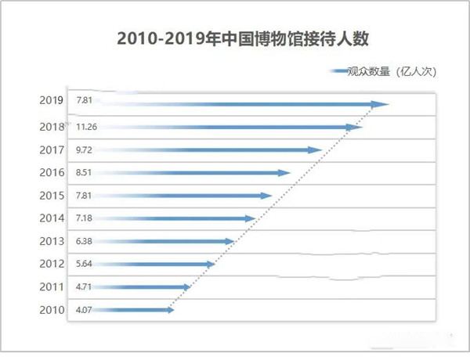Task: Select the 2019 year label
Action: tap(50, 101)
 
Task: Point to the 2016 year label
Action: tap(50, 172)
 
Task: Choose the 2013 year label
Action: tap(50, 241)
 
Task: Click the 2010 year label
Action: tap(50, 310)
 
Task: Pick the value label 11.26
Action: tap(87, 126)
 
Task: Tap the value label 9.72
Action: tap(84, 149)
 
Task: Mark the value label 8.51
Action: tap(84, 173)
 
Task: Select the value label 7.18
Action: tap(84, 218)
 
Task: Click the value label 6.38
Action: tap(84, 241)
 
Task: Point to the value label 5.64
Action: tap(84, 265)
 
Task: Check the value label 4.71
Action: tap(84, 287)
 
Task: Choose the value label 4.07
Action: tap(84, 310)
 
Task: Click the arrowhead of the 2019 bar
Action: tap(381, 103)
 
